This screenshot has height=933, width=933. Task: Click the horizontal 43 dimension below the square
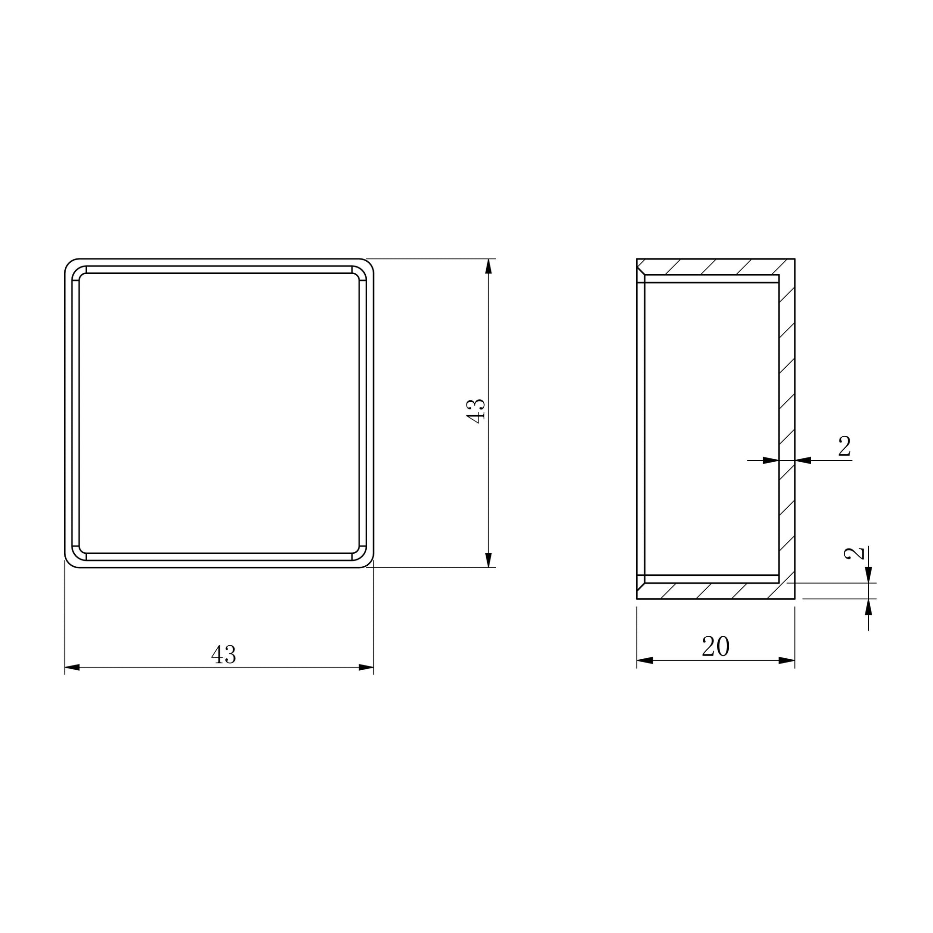(x=223, y=655)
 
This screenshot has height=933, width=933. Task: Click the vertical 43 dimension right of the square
(x=476, y=411)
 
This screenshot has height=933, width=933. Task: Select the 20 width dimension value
(x=715, y=646)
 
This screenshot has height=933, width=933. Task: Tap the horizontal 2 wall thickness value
(x=844, y=447)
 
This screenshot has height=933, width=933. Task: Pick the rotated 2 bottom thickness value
(x=854, y=553)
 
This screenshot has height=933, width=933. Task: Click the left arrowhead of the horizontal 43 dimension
(x=72, y=667)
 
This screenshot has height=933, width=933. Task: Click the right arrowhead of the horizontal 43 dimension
(x=366, y=667)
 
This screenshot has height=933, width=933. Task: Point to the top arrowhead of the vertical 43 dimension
(x=489, y=266)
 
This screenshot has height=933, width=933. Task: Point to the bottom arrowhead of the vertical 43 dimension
(x=489, y=560)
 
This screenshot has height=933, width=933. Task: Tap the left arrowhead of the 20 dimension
(x=645, y=660)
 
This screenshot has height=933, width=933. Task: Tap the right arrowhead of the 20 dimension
(x=787, y=660)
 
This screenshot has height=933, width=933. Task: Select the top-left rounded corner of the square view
(x=70, y=264)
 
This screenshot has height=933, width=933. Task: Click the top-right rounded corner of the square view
(x=368, y=264)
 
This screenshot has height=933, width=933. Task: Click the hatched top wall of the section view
(x=715, y=267)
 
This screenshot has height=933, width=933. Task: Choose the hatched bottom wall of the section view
(x=715, y=591)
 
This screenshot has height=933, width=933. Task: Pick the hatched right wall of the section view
(x=787, y=410)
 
